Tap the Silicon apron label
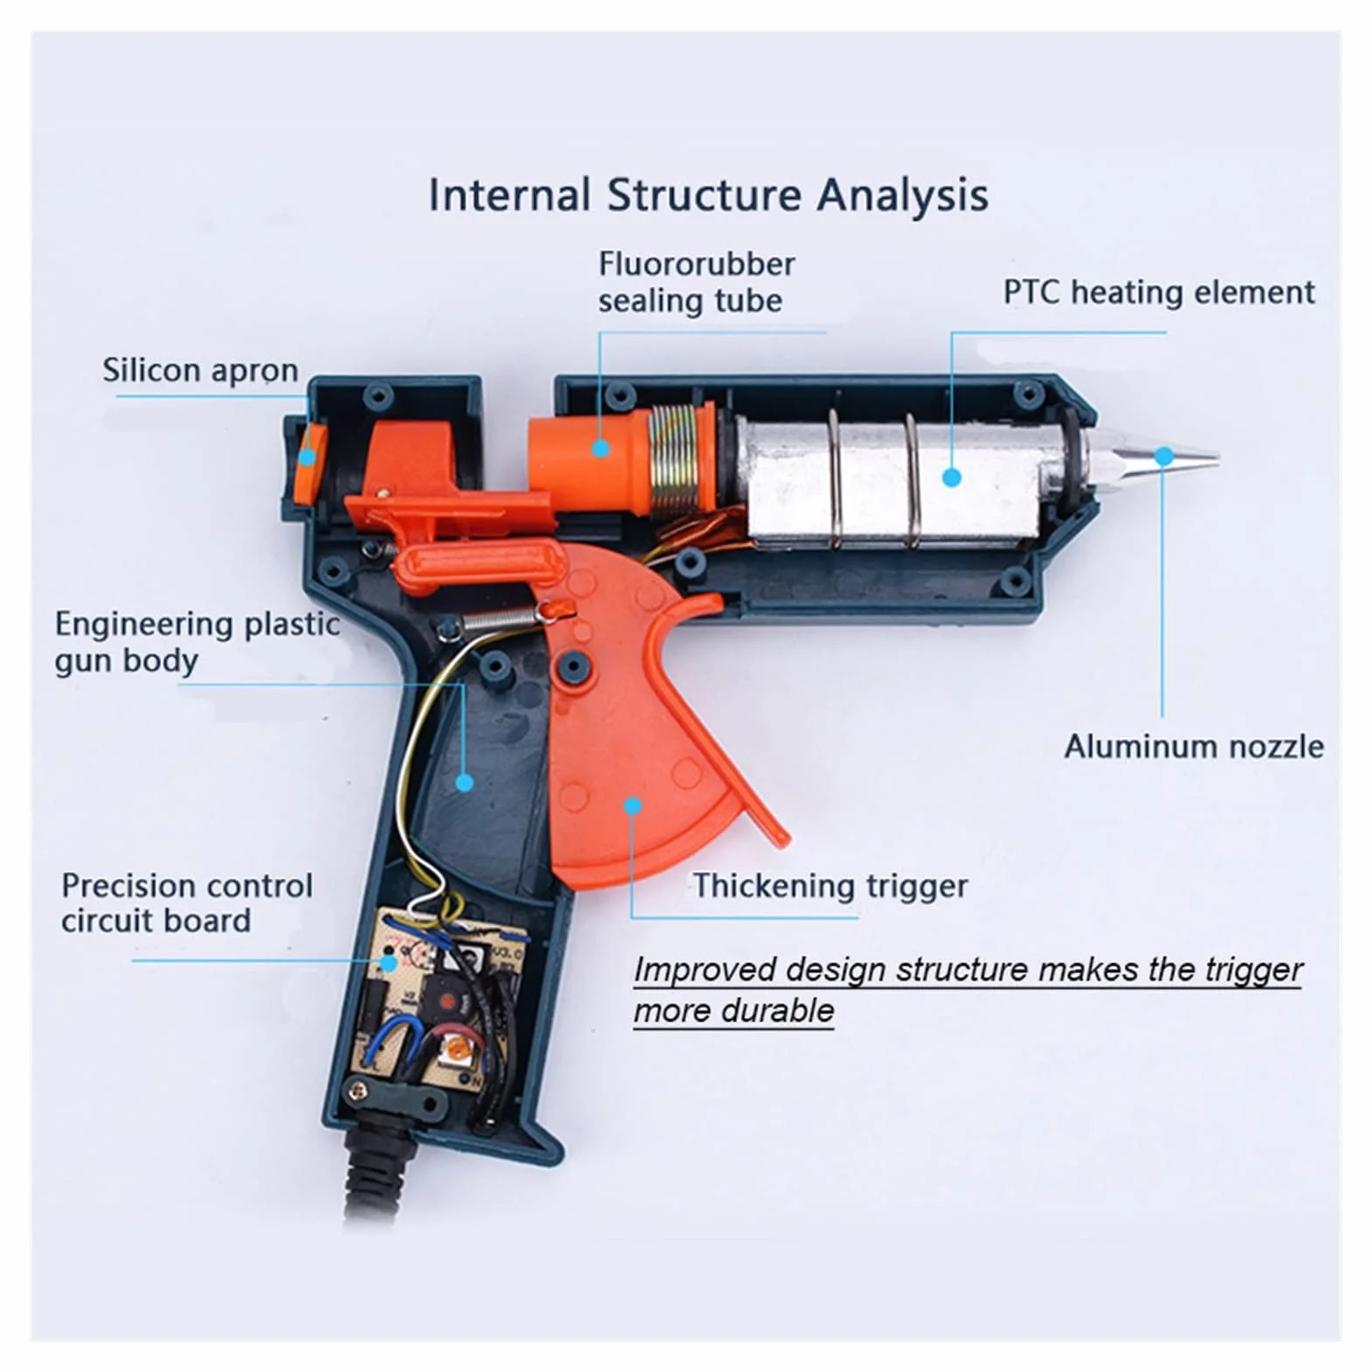click(x=200, y=370)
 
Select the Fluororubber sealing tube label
click(x=696, y=282)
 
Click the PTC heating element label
click(x=1158, y=291)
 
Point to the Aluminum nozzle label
click(x=1193, y=746)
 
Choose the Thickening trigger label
click(x=830, y=885)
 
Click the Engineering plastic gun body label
click(x=197, y=641)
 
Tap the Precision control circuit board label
click(x=186, y=903)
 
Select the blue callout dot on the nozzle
click(x=1164, y=456)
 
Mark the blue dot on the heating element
click(x=953, y=477)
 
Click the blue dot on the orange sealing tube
click(x=600, y=448)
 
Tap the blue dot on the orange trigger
click(x=633, y=806)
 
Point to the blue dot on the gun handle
click(x=465, y=781)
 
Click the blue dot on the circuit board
click(x=388, y=962)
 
